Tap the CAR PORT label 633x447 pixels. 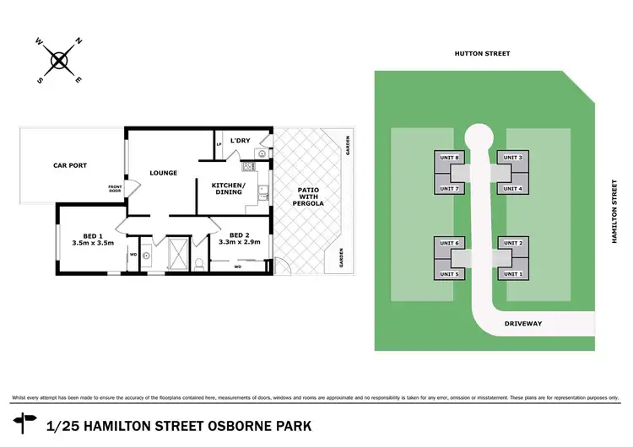70,165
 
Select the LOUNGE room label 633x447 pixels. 163,174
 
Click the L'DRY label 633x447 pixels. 239,141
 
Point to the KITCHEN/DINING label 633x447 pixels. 229,188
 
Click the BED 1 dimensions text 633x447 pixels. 88,244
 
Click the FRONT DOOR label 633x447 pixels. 115,189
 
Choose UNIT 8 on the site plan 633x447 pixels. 450,158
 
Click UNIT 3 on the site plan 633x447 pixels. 513,158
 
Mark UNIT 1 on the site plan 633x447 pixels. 513,274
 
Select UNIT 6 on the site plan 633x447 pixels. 450,243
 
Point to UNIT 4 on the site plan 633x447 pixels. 513,188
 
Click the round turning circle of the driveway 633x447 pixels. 479,135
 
